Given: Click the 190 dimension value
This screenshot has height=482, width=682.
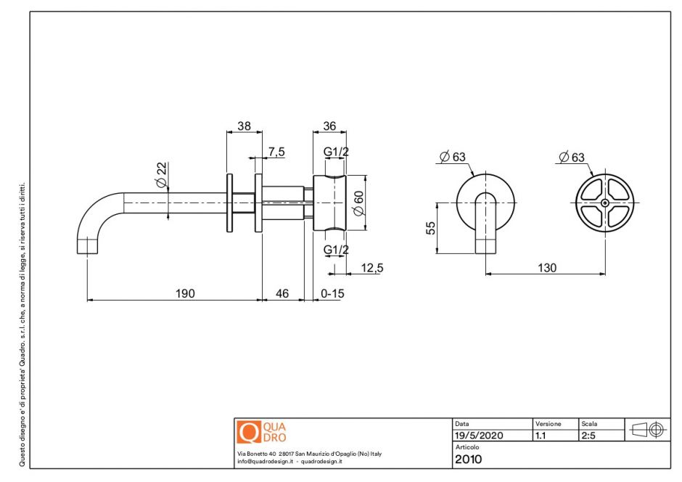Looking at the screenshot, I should pyautogui.click(x=185, y=293).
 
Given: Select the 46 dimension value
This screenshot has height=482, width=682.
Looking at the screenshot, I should pyautogui.click(x=282, y=293).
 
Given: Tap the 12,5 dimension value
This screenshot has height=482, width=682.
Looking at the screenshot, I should pyautogui.click(x=371, y=268).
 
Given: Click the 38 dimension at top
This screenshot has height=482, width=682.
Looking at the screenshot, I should pyautogui.click(x=244, y=126).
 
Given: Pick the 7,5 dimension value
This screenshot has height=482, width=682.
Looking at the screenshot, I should pyautogui.click(x=276, y=151).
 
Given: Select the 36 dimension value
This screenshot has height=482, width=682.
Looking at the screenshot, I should pyautogui.click(x=329, y=126).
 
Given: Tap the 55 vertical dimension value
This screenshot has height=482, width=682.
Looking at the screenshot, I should pyautogui.click(x=430, y=228).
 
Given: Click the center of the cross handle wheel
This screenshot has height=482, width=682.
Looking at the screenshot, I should pyautogui.click(x=604, y=203).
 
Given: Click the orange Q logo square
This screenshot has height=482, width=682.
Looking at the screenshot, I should pyautogui.click(x=249, y=433).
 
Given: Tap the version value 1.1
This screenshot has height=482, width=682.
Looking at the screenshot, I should pyautogui.click(x=541, y=436).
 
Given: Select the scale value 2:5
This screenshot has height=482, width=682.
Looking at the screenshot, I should pyautogui.click(x=588, y=436).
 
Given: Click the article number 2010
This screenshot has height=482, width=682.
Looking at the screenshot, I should pyautogui.click(x=468, y=459).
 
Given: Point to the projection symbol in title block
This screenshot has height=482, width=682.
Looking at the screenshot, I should pyautogui.click(x=648, y=429).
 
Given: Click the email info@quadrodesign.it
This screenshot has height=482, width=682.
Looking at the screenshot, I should pyautogui.click(x=266, y=461).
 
